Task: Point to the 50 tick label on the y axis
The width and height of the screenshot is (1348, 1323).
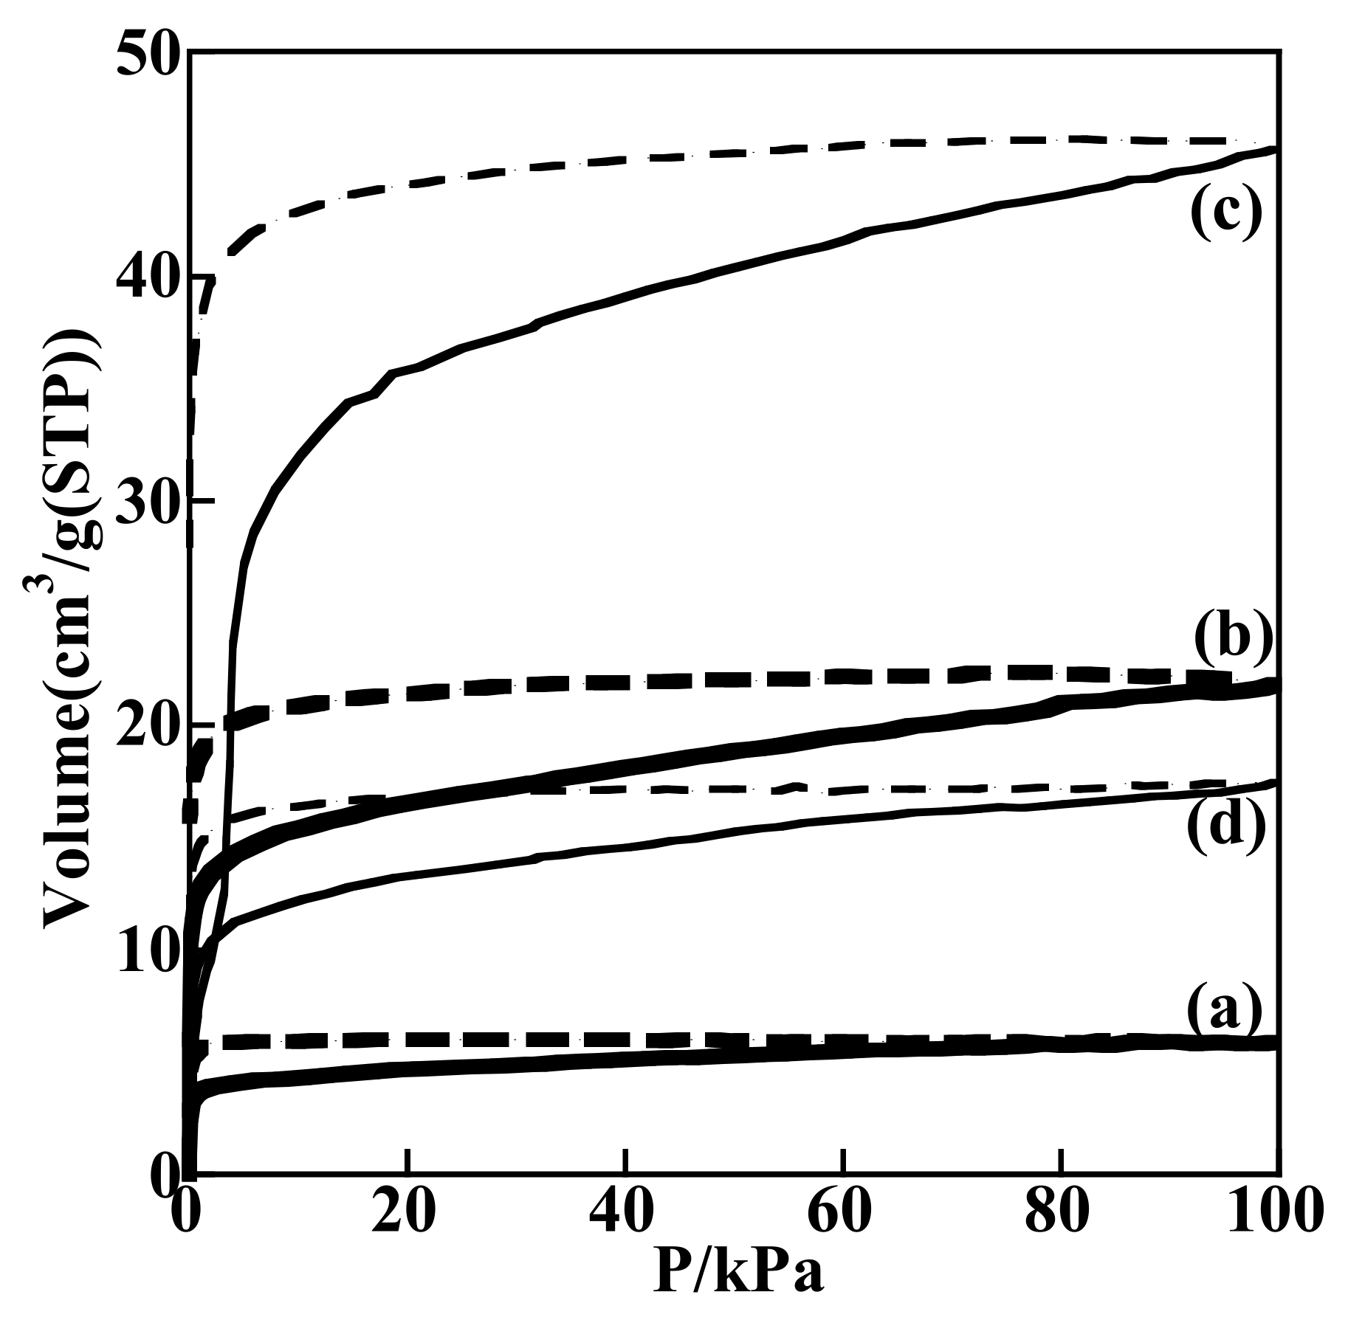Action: pos(149,53)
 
